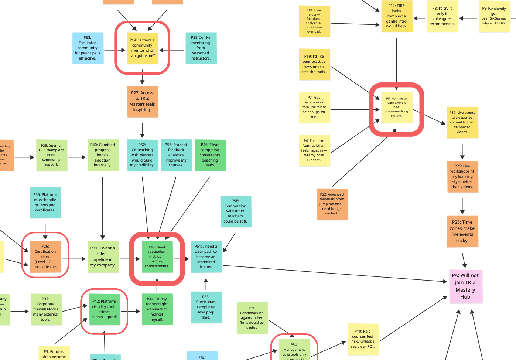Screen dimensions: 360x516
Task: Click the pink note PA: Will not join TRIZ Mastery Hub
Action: (465, 286)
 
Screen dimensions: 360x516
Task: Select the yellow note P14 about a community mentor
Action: (142, 48)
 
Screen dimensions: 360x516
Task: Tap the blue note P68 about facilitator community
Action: (88, 48)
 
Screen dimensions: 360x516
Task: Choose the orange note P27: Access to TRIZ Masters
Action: (142, 102)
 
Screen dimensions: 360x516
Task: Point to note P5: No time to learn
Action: (396, 107)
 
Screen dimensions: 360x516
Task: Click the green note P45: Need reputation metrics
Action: (157, 257)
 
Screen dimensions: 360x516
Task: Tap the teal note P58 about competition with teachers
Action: (235, 211)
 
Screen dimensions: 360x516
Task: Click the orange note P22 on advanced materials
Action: (332, 204)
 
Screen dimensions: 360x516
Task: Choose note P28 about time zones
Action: (462, 231)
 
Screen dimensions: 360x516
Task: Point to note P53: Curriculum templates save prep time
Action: (206, 307)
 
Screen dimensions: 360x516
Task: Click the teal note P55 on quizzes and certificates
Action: (45, 203)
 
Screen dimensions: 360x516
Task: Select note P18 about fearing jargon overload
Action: (314, 21)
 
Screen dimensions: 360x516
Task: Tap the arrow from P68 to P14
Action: (115, 50)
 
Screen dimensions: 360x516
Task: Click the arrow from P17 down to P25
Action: (462, 151)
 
